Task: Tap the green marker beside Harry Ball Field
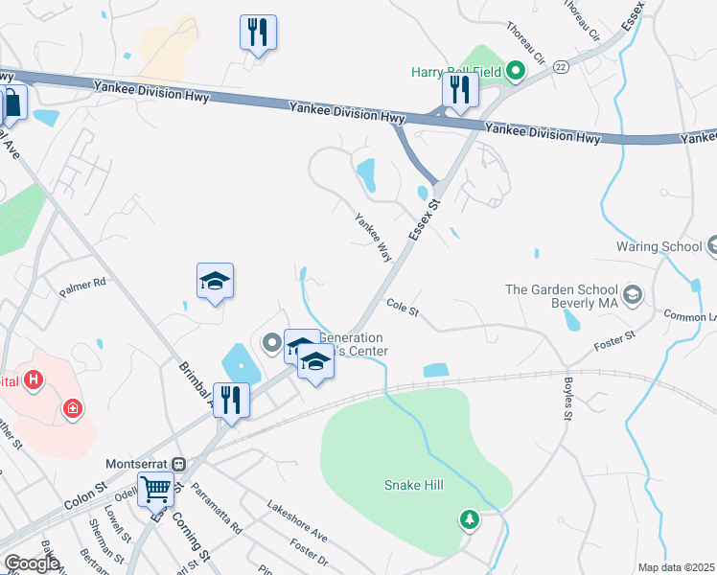point(515,70)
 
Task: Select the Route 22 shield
point(561,63)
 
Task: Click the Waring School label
point(659,246)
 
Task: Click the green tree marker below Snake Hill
point(469,518)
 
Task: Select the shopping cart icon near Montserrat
point(155,489)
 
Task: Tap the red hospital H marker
point(35,381)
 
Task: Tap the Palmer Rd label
point(81,284)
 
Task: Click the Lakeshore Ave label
point(297,519)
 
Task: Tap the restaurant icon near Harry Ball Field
point(460,90)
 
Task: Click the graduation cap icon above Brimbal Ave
point(215,281)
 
